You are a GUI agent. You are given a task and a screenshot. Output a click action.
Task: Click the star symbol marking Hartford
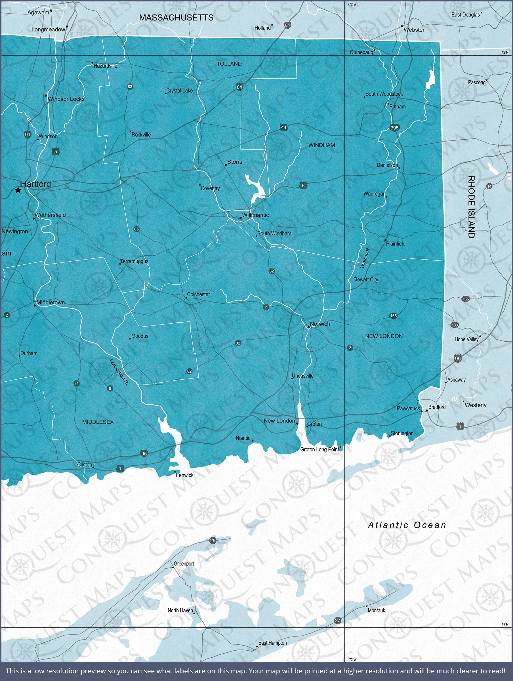pos(18,190)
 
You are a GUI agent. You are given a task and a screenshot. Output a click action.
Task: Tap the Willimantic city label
pos(255,215)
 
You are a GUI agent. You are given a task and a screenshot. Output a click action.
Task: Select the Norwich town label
pos(320,323)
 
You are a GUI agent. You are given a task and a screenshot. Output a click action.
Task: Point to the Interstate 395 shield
pos(394,128)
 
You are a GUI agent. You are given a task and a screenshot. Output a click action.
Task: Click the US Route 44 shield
pos(284,127)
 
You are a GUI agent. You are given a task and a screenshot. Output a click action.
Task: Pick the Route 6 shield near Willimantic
pos(303,185)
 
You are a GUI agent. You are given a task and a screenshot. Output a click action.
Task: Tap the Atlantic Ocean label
pos(407,525)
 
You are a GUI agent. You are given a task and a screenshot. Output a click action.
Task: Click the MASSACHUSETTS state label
pos(176,18)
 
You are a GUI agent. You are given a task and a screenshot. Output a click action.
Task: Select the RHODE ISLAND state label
pos(471,207)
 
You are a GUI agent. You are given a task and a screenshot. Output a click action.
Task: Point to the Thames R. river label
pos(365,258)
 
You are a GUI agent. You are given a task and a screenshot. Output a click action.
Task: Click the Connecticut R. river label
pos(119,372)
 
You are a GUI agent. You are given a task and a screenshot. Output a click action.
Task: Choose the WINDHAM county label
pos(321,145)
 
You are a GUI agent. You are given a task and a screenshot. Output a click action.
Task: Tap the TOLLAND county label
pos(229,64)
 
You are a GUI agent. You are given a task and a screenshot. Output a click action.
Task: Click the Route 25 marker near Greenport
pos(213,540)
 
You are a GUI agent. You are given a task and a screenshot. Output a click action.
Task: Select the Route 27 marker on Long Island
pos(338,620)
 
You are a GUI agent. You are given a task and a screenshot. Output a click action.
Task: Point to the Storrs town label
pos(235,162)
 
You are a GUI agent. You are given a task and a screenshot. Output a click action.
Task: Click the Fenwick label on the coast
pos(184,475)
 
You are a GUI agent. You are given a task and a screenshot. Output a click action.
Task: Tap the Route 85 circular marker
pos(136,229)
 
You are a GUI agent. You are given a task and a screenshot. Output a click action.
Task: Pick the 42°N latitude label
pos(505,52)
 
